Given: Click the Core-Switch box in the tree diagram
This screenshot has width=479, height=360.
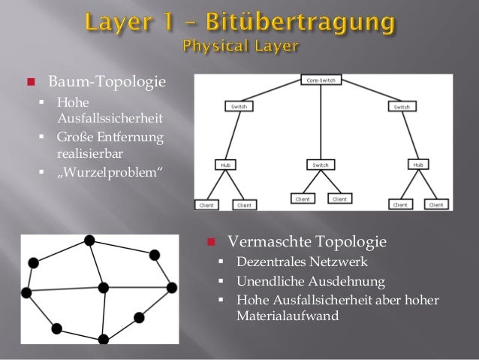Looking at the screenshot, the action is click(x=321, y=79).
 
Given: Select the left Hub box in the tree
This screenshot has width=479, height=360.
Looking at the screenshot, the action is click(x=224, y=164).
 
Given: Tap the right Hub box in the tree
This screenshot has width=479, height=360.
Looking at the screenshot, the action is click(x=419, y=163).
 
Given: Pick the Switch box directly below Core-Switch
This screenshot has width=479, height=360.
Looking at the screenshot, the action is click(x=321, y=164).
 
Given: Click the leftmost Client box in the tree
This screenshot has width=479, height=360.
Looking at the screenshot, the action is click(x=206, y=204).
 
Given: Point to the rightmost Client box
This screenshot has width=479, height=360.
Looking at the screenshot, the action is click(x=437, y=204).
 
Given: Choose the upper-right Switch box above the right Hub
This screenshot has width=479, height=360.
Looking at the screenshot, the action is click(x=402, y=107).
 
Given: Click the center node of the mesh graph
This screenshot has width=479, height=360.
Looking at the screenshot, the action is click(x=104, y=287).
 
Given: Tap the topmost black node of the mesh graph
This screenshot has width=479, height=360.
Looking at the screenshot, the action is click(x=89, y=241).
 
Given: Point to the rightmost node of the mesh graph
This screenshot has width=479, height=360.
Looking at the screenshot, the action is click(x=172, y=287).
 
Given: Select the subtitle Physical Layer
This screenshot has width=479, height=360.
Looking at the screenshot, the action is click(x=240, y=47).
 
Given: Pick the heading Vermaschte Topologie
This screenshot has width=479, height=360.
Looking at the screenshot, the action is click(x=307, y=242).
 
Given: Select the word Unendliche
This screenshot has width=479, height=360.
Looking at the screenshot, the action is click(x=270, y=282).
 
